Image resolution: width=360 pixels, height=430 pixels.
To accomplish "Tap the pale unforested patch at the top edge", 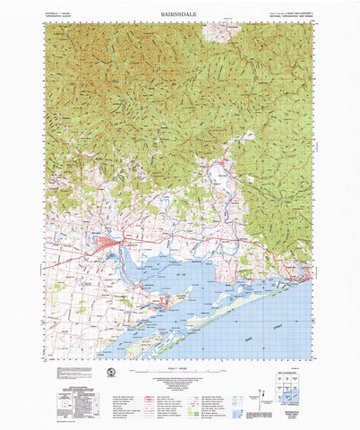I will (219, 33).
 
